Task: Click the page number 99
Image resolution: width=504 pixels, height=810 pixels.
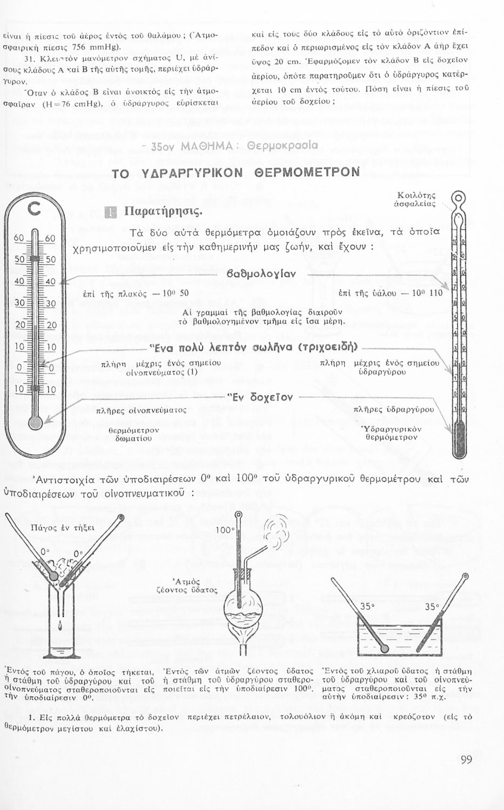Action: [x=467, y=760]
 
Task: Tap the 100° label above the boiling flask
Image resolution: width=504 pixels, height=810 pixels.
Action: [x=224, y=530]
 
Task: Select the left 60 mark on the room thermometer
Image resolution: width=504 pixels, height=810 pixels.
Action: [x=19, y=239]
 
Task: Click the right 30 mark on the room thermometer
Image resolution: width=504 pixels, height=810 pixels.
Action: [x=51, y=303]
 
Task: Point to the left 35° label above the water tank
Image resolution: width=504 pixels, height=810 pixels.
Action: [x=367, y=606]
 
